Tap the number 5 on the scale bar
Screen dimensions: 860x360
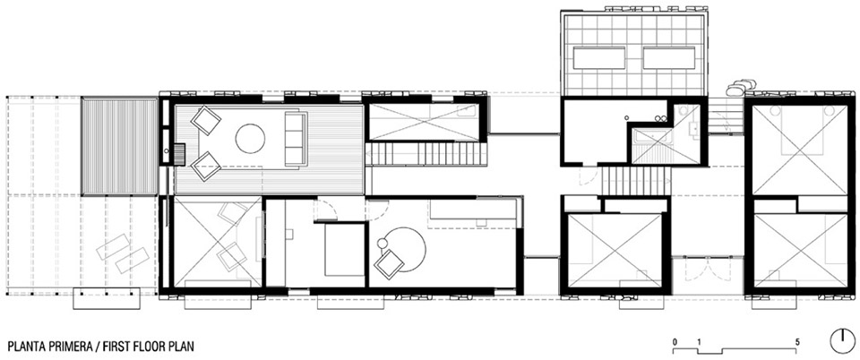point(797,342)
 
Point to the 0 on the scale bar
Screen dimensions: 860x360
point(675,342)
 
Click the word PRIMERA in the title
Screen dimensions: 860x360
point(69,347)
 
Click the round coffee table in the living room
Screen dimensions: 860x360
point(251,138)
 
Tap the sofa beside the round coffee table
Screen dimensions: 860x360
point(296,138)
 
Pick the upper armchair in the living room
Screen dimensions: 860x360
point(206,120)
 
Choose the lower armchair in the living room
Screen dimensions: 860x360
point(206,166)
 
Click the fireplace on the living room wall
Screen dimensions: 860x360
point(180,153)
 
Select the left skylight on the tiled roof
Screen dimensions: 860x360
point(599,57)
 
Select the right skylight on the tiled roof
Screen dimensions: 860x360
point(668,57)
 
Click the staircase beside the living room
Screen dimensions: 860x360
point(426,153)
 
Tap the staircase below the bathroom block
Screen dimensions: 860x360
point(636,181)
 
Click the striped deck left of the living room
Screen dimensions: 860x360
point(119,146)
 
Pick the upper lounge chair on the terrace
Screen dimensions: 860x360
point(113,246)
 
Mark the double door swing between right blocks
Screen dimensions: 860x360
point(708,270)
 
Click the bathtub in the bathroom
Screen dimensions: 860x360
point(651,135)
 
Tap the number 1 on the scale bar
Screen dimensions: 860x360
point(700,342)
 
